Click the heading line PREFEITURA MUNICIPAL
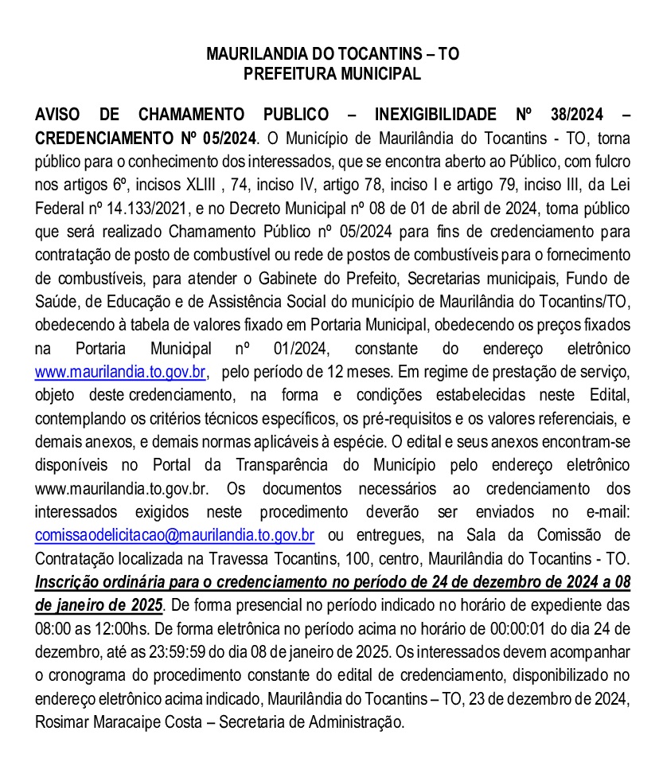332,75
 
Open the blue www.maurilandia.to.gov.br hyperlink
121,371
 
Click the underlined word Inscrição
66,581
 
